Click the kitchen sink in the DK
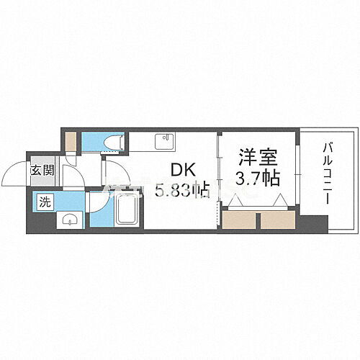[x=163, y=140]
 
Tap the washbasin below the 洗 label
[x=68, y=220]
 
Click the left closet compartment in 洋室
[x=240, y=219]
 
